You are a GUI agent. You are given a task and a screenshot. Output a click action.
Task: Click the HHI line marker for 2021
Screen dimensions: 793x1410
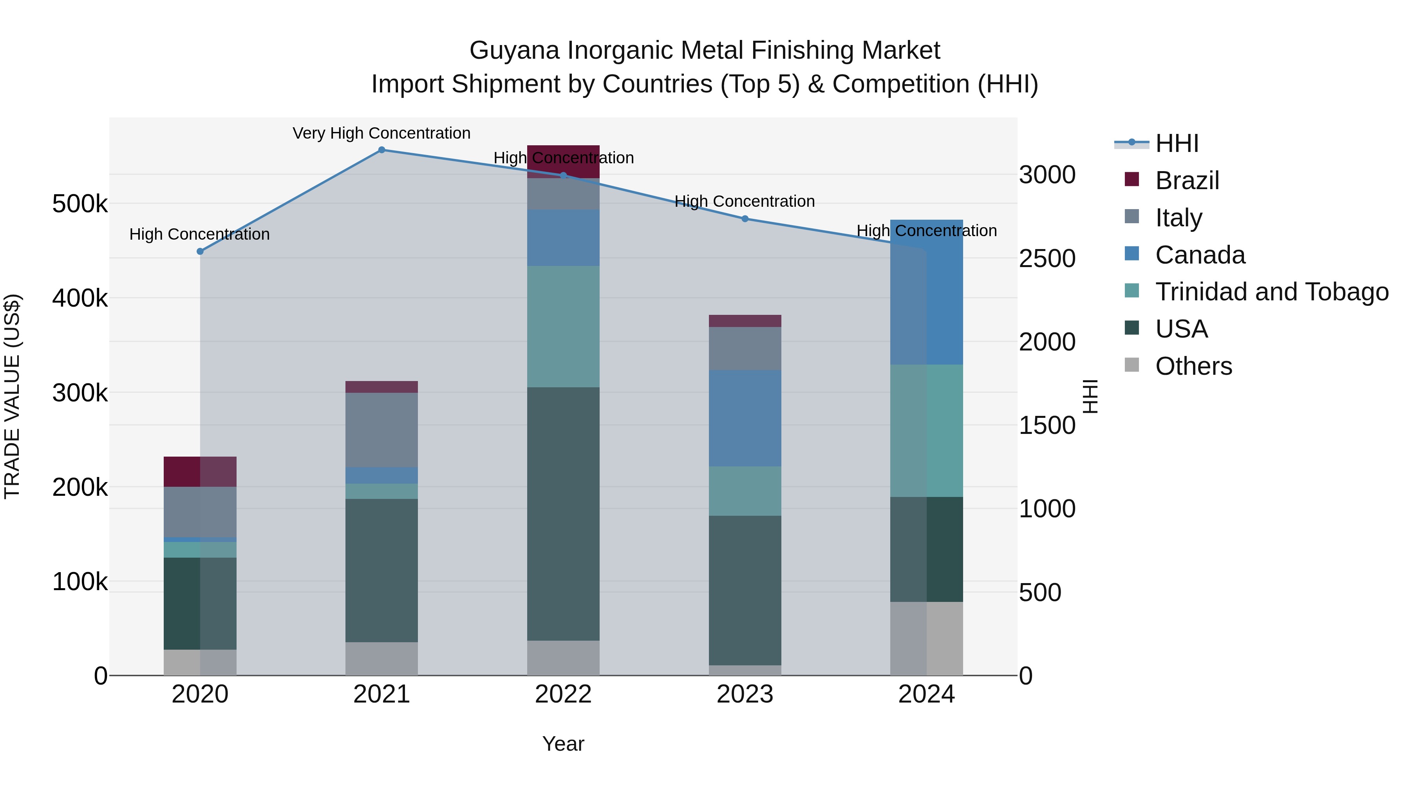point(381,150)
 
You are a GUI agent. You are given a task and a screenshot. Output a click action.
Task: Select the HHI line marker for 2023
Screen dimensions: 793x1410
point(745,219)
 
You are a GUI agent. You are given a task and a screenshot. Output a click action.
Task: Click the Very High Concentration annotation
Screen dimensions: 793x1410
point(381,133)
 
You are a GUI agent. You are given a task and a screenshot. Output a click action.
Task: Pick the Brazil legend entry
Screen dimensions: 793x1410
point(1187,181)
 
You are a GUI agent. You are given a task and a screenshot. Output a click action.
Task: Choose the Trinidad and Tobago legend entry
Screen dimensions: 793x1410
point(1271,292)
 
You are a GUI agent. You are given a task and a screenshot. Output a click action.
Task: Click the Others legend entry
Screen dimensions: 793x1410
point(1193,366)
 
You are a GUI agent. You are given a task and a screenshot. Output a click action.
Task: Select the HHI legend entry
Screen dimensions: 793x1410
point(1177,143)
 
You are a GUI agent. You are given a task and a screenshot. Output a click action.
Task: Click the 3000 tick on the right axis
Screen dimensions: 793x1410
point(1047,175)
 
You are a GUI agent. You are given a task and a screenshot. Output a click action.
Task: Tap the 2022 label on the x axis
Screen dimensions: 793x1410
point(563,694)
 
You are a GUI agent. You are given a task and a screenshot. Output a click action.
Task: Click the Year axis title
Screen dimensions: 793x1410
point(563,744)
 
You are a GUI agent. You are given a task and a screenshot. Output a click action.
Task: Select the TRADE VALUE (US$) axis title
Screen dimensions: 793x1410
point(12,396)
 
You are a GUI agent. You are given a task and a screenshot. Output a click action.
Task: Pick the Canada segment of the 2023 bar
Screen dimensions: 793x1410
point(745,418)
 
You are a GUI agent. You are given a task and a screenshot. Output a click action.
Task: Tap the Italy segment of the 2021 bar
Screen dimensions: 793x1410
point(381,430)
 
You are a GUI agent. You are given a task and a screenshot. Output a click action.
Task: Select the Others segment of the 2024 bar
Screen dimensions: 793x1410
point(926,638)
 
